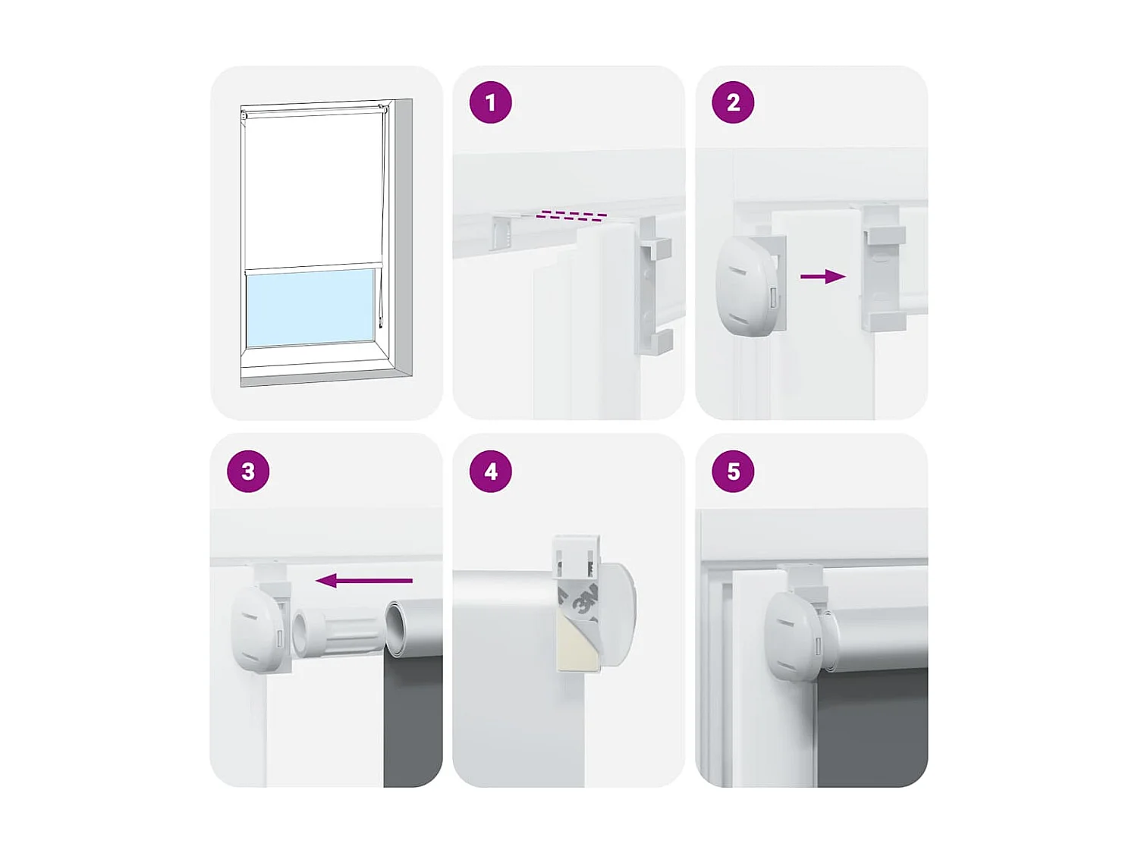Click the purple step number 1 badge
490,102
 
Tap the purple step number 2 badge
733,102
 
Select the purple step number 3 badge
248,471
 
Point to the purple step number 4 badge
490,471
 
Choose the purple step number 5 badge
733,471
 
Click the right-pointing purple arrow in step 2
822,277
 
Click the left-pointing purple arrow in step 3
363,581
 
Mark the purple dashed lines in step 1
571,216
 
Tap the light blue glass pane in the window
311,307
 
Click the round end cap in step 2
747,284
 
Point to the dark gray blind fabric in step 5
872,728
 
